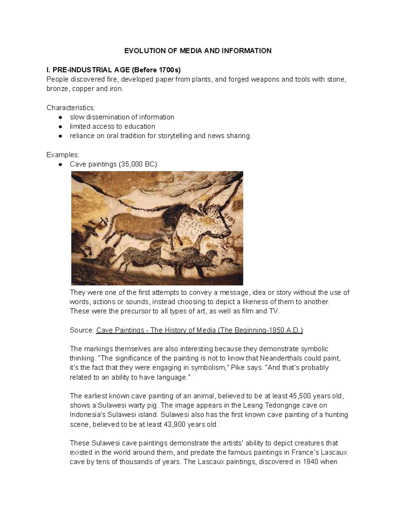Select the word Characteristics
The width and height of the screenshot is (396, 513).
click(71, 108)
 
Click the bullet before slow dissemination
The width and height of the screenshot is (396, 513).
click(60, 117)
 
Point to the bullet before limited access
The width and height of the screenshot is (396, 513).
click(60, 127)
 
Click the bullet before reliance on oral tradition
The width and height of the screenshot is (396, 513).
click(60, 136)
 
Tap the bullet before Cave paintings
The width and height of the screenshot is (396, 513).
click(60, 164)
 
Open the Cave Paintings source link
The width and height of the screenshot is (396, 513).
click(199, 330)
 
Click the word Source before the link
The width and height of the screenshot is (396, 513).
click(82, 330)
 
